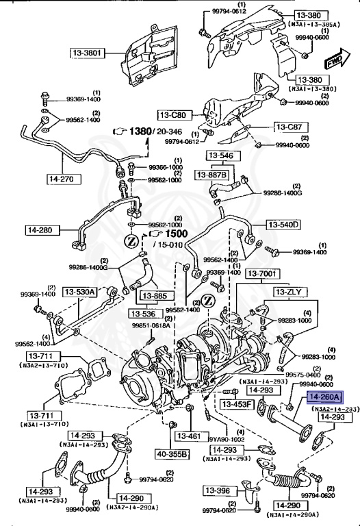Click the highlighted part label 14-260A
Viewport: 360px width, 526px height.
coord(325,397)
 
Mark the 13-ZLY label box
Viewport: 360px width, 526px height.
coord(294,291)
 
